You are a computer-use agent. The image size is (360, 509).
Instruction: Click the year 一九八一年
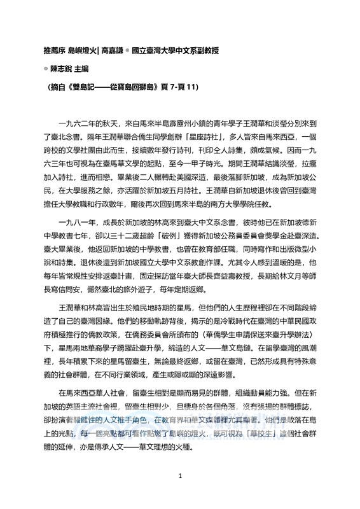coord(78,250)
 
